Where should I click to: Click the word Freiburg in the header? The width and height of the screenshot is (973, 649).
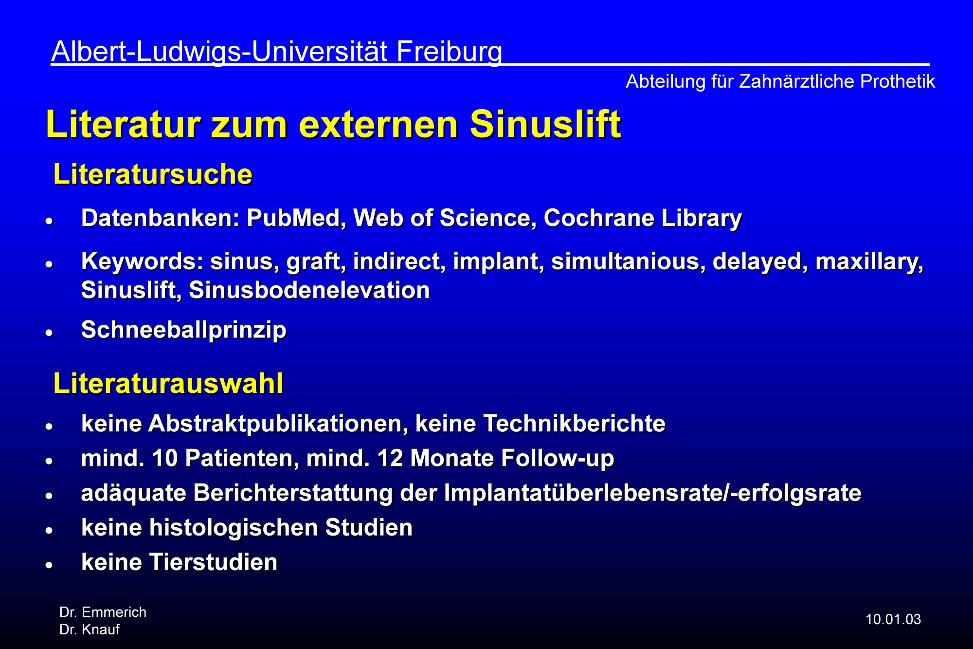(x=449, y=52)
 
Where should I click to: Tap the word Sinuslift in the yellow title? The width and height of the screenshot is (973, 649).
(x=545, y=124)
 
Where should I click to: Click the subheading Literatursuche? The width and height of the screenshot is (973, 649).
(x=153, y=174)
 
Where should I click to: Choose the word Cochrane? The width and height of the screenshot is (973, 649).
(x=598, y=218)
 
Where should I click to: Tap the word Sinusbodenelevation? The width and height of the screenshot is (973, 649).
(x=309, y=290)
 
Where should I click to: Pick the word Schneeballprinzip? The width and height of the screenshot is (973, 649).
(x=184, y=331)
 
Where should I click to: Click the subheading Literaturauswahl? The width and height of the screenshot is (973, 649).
(x=168, y=383)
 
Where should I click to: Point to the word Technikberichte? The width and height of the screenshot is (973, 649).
(x=574, y=424)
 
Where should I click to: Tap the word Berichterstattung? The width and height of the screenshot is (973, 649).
(x=293, y=493)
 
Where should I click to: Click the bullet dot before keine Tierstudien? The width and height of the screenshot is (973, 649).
(x=49, y=565)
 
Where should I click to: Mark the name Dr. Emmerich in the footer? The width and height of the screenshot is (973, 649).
(x=103, y=612)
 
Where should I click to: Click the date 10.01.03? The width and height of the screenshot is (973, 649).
(x=893, y=619)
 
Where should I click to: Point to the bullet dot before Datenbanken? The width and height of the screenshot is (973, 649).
(x=49, y=221)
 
